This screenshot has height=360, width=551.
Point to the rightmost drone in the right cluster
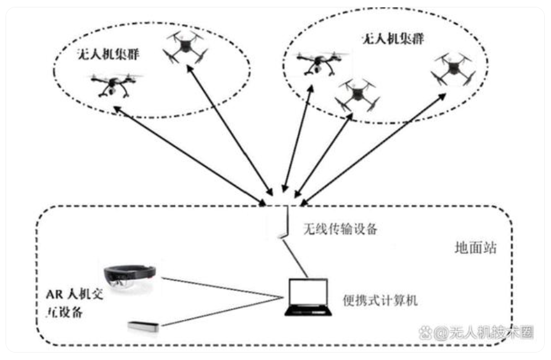(x=455, y=69)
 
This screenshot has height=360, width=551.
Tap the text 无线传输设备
(x=339, y=230)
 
